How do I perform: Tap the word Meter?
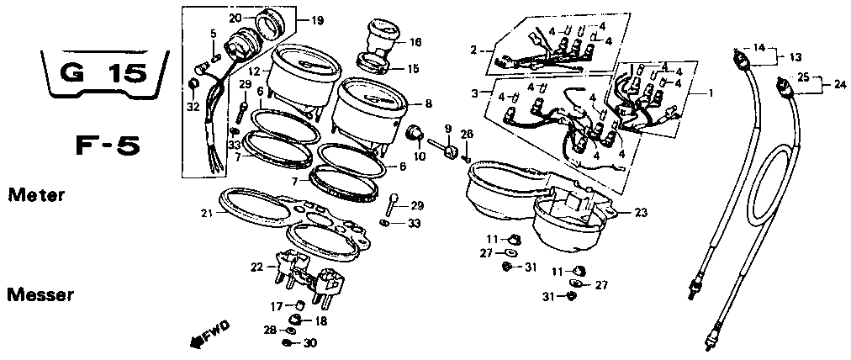click(36, 195)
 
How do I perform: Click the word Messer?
click(41, 295)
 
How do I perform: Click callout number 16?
click(415, 40)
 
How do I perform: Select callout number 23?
click(642, 213)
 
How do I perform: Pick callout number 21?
click(206, 212)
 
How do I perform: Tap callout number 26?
click(468, 134)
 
